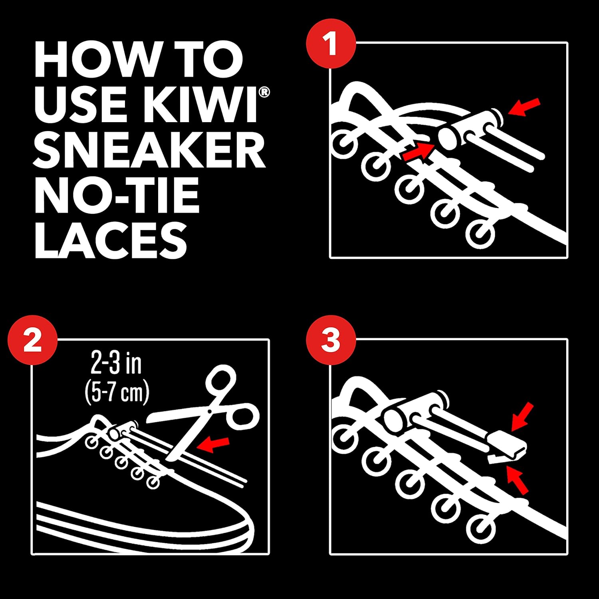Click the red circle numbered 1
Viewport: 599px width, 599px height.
point(331,44)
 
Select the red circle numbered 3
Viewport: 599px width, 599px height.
point(331,341)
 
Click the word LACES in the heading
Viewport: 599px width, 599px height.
point(111,240)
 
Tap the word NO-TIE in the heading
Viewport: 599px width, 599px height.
point(117,196)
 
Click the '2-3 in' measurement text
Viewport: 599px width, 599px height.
point(116,364)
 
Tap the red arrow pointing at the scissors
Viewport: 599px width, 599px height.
point(214,444)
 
